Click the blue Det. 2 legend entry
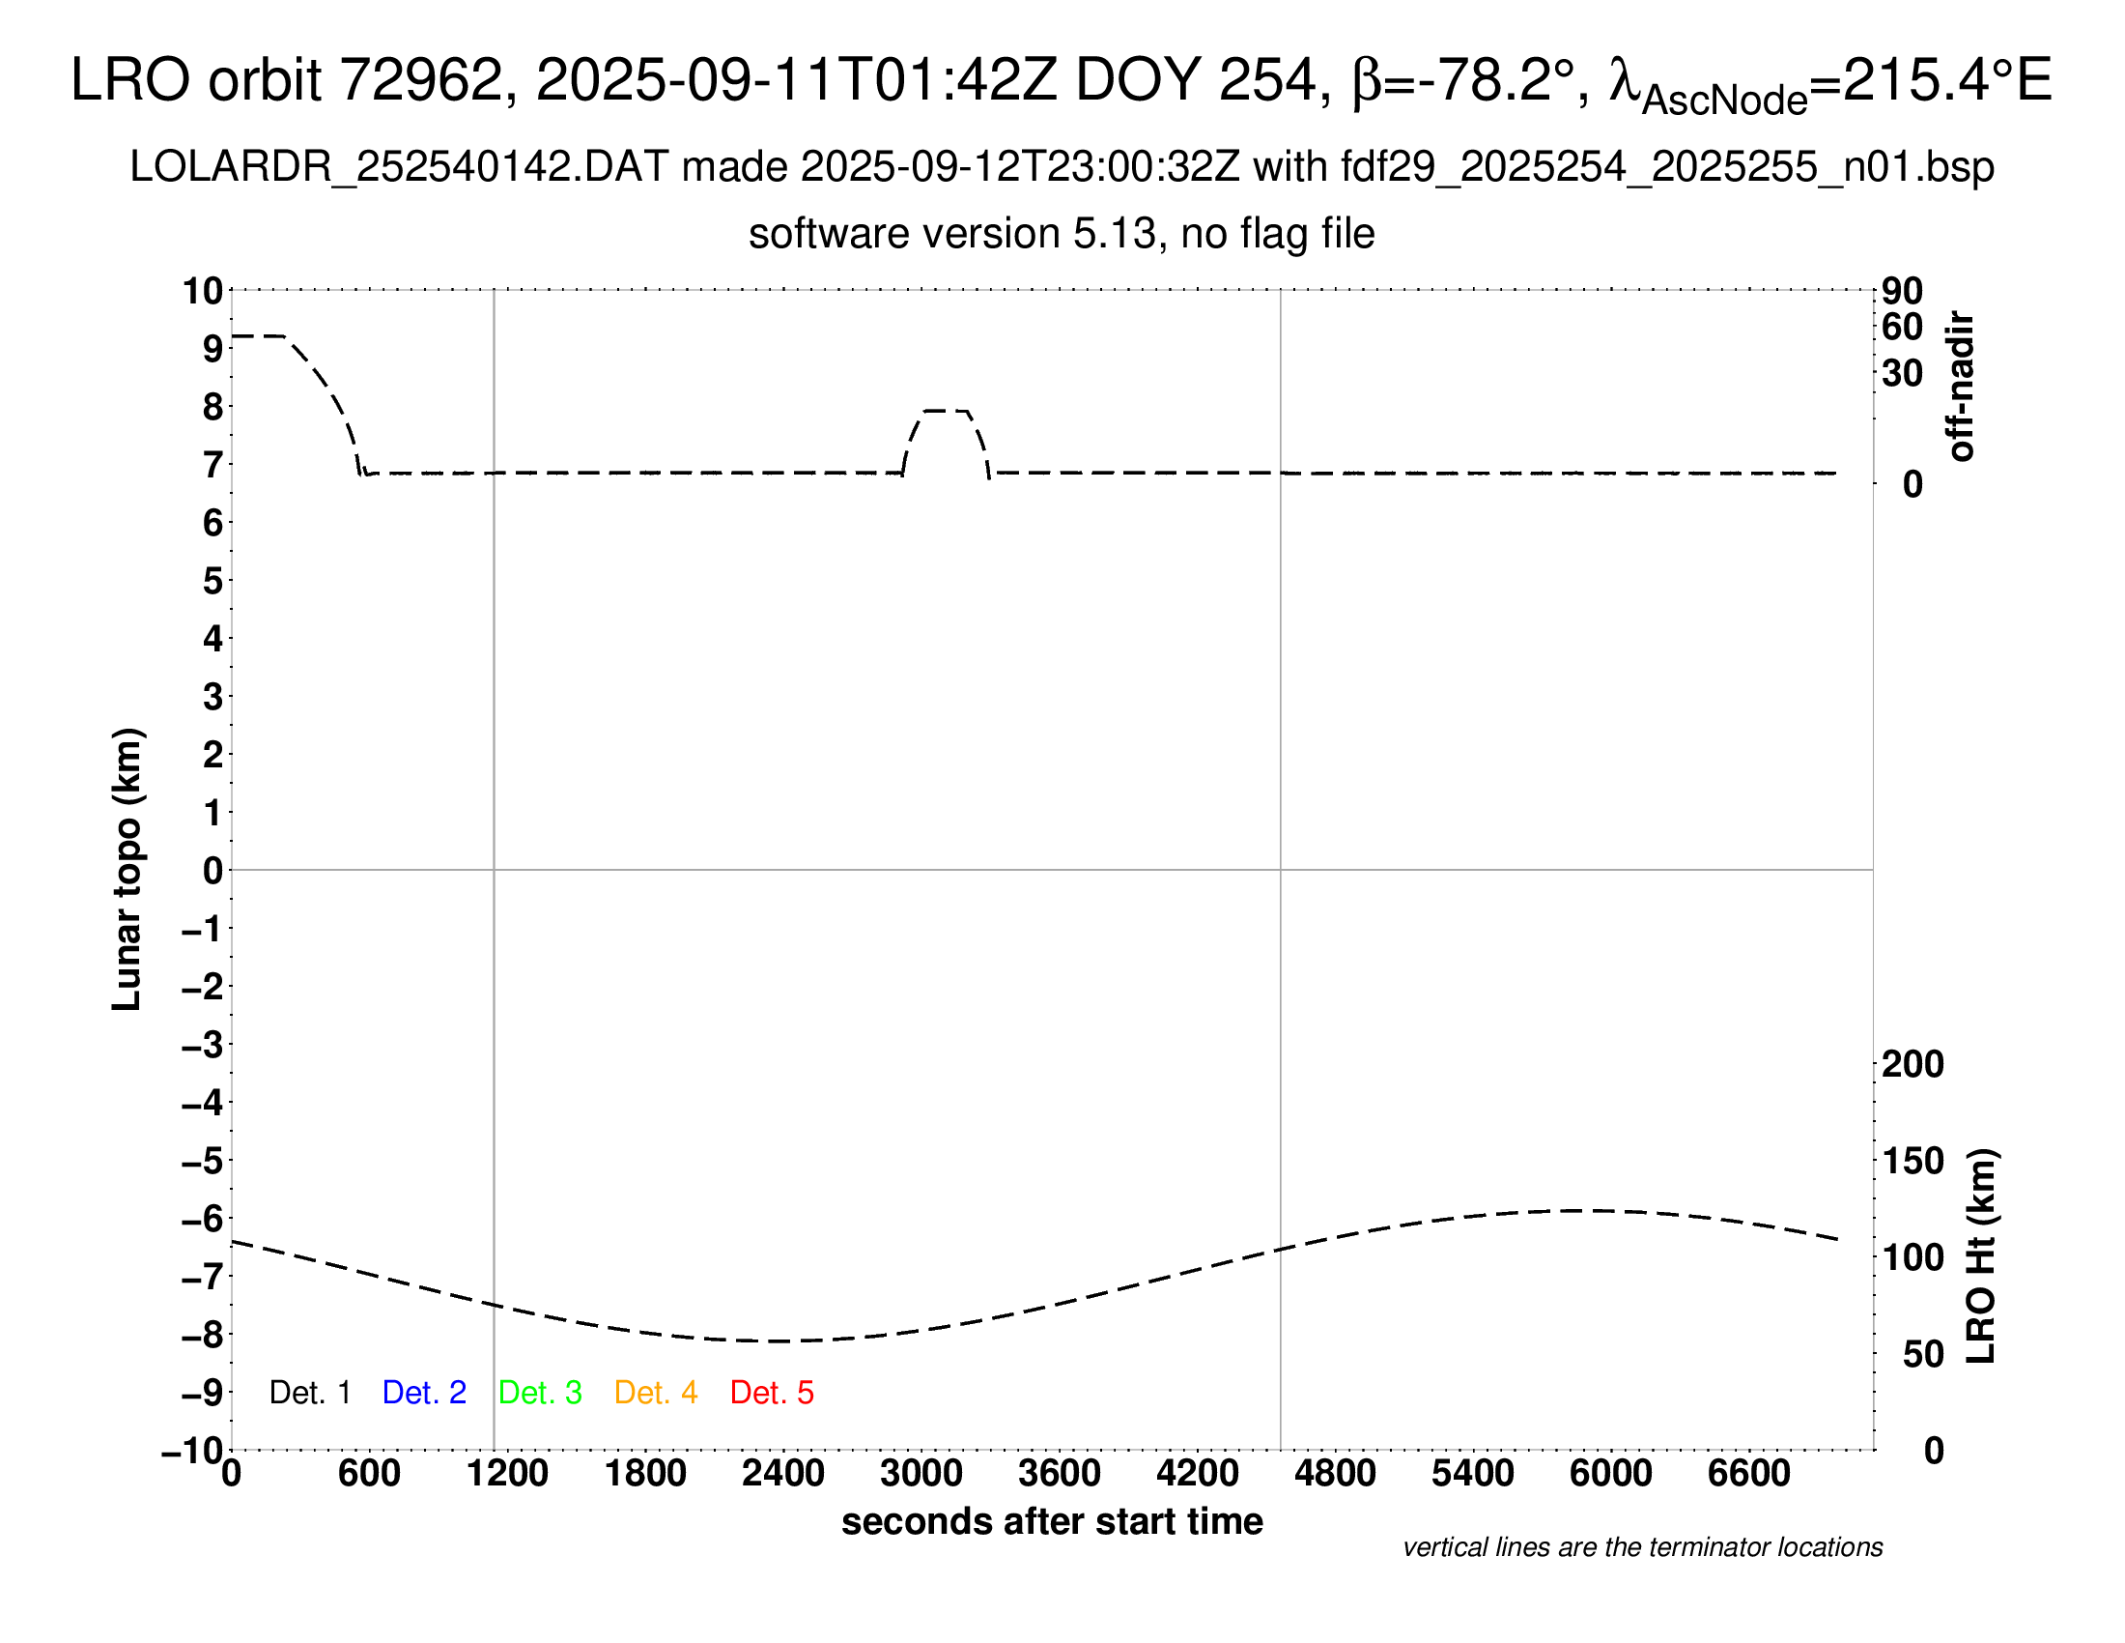pos(424,1393)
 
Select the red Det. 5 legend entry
pos(772,1393)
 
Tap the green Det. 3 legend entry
pos(540,1393)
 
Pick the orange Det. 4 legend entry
pos(656,1393)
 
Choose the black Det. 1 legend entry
pos(309,1393)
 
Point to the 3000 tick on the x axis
pos(921,1474)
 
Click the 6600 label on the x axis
pos(1748,1474)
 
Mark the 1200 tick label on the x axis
pos(507,1474)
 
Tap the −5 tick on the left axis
pos(203,1161)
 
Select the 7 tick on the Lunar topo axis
pos(213,465)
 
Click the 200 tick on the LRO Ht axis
pos(1912,1064)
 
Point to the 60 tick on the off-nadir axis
pos(1902,327)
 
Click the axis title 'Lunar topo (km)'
pos(127,869)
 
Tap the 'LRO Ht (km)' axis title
pos(1982,1256)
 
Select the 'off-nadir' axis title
pos(1962,387)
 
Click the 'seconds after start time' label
pos(1052,1521)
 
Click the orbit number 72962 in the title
pos(428,80)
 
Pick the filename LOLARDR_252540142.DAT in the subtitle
pos(399,167)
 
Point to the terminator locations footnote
pos(1642,1547)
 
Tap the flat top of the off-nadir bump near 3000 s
pos(946,411)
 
